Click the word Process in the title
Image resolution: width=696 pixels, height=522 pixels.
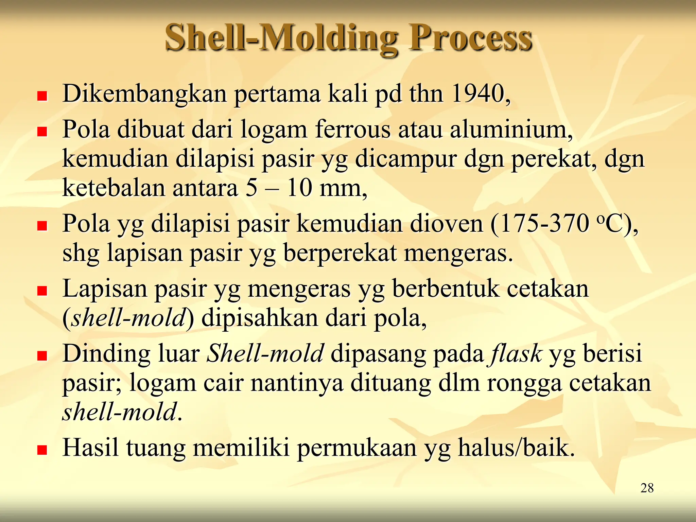coord(470,38)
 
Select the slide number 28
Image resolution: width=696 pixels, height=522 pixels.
coord(647,488)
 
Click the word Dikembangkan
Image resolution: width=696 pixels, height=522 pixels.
coord(145,94)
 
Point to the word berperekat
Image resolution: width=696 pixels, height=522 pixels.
coord(340,254)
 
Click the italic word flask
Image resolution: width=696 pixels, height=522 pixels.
coord(515,353)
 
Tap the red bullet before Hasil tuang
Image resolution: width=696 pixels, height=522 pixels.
coord(42,450)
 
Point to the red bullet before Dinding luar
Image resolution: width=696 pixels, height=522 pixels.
coord(42,356)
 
